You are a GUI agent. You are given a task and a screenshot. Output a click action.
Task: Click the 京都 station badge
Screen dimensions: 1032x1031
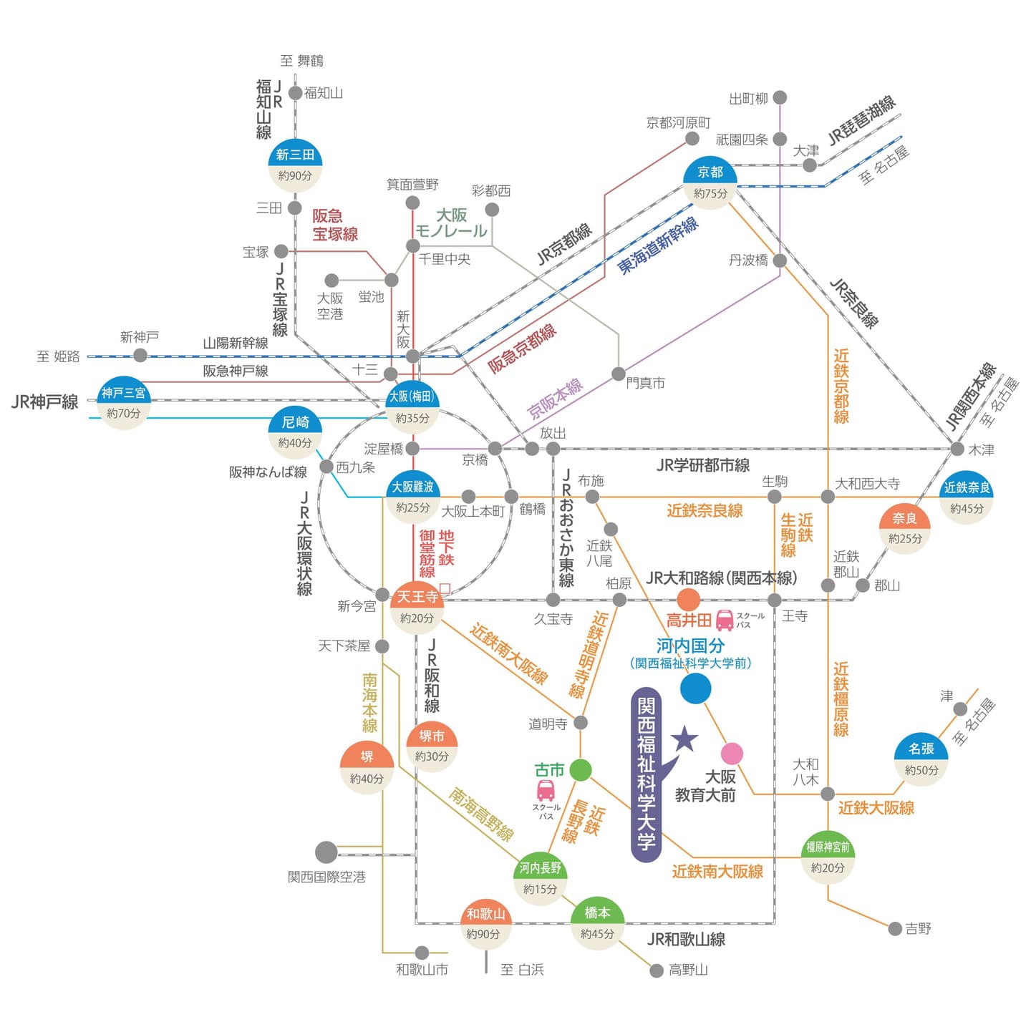710,182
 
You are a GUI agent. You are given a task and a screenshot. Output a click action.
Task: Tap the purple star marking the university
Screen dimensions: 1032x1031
684,739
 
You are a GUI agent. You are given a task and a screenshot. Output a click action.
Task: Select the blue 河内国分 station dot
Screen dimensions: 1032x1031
695,688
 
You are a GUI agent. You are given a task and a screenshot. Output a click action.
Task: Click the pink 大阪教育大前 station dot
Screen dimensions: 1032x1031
732,754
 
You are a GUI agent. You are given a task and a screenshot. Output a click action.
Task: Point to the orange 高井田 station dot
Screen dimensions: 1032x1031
688,600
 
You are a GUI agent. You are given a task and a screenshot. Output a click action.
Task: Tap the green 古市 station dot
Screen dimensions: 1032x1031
581,770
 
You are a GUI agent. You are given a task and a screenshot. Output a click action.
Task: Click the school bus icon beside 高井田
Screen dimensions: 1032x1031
725,620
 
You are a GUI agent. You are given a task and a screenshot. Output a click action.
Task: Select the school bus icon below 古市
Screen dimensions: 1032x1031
546,791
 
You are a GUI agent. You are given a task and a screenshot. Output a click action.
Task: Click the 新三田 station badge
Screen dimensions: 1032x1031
295,165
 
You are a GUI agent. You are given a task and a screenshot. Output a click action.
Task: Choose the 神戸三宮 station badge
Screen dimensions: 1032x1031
123,403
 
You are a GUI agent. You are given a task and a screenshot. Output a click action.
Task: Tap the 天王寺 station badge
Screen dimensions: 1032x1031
417,607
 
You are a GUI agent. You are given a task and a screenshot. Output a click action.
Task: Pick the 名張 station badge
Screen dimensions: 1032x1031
921,759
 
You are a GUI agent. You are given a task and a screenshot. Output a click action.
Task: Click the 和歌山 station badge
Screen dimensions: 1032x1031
485,924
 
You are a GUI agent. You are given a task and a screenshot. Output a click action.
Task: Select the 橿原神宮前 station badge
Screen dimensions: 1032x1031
828,857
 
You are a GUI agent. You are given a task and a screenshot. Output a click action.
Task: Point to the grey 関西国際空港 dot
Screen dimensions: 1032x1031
326,852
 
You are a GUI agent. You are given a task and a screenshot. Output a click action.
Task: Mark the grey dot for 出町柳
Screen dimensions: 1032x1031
780,97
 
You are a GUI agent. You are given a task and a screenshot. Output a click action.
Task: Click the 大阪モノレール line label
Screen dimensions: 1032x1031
452,223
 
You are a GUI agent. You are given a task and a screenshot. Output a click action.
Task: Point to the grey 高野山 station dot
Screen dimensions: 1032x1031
656,970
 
